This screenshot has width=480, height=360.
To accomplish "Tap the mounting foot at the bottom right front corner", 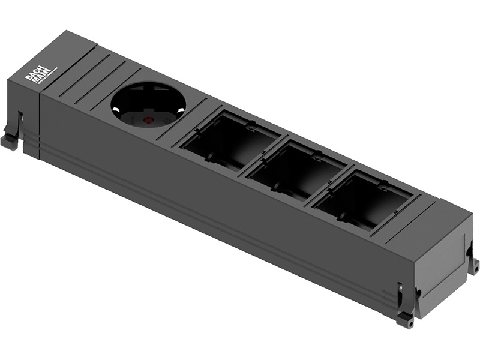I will pos(405,319).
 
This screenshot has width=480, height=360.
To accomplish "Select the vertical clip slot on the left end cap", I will pos(20,123).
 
